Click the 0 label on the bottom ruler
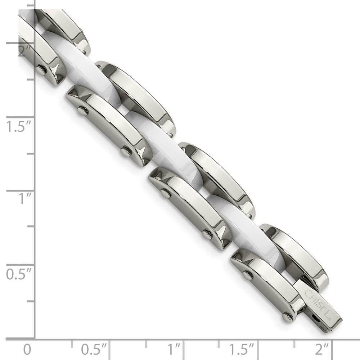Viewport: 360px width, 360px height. click(26, 349)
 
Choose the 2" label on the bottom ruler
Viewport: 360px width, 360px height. click(321, 349)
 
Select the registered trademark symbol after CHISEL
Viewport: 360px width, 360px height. click(329, 318)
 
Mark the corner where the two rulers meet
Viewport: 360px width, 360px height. click(35, 339)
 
